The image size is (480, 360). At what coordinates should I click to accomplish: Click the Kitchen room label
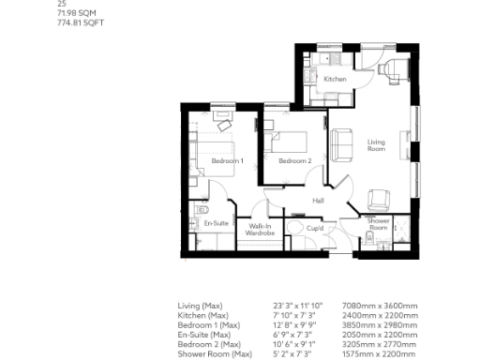point(335,80)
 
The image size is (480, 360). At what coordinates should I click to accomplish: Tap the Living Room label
point(376,145)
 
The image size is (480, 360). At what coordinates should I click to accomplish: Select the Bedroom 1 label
point(227,161)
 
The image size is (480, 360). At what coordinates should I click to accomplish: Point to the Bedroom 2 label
point(295,161)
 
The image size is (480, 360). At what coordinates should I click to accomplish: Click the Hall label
point(318,201)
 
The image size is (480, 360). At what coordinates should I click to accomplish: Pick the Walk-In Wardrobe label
point(259,230)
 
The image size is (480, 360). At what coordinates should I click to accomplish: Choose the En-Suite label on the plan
point(217,223)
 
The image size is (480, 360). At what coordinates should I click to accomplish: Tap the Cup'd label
point(315,227)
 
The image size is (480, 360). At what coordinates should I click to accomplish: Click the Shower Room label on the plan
point(377,223)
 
